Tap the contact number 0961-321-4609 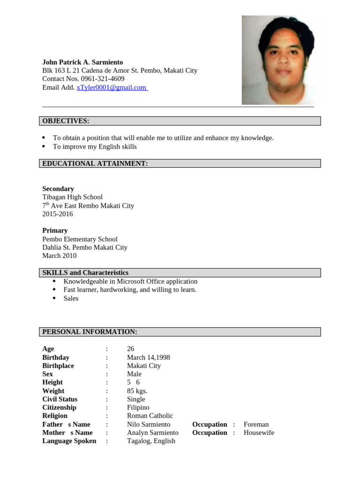(x=103, y=79)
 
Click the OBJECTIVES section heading (x=66, y=121)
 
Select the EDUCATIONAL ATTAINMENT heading (x=95, y=164)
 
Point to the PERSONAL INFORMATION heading (x=90, y=332)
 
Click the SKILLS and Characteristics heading (x=85, y=273)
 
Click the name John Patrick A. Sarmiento (x=82, y=62)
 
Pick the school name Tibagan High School (x=72, y=197)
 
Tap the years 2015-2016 (x=58, y=214)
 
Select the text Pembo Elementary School (x=80, y=239)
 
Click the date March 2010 (x=60, y=256)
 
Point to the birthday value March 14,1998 (x=149, y=358)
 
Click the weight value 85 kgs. (x=137, y=391)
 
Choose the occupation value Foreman (x=256, y=425)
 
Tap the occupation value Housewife (x=259, y=433)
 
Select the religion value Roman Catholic (x=150, y=416)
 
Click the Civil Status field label (x=60, y=399)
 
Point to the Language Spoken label (x=69, y=441)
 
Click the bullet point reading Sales (x=71, y=299)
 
